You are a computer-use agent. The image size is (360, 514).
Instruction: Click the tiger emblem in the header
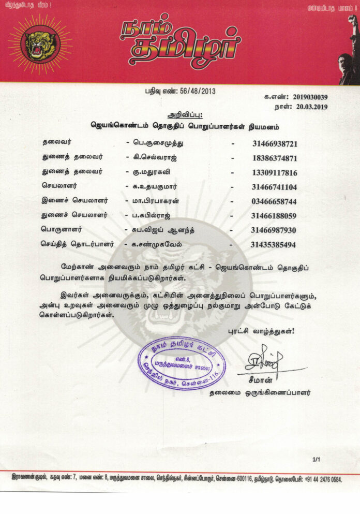pyautogui.click(x=41, y=45)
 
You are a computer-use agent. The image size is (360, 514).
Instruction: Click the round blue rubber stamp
pyautogui.click(x=181, y=363)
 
